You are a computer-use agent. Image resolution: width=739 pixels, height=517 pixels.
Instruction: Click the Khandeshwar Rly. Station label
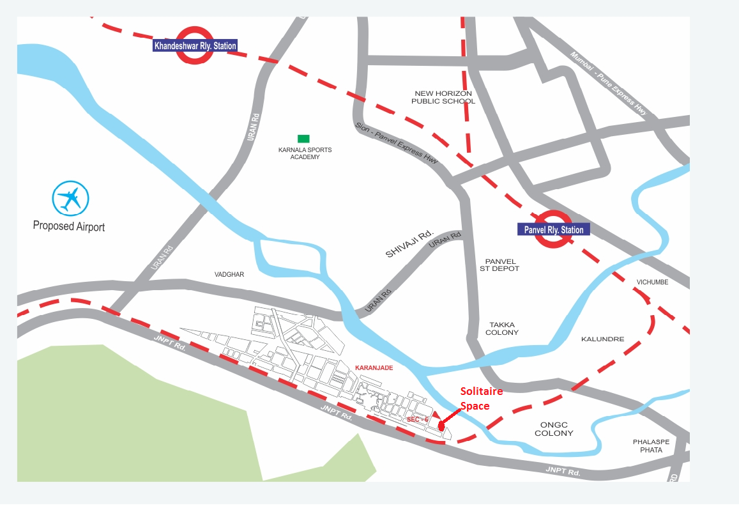[195, 46]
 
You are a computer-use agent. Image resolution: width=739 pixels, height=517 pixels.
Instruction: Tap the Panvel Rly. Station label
[551, 230]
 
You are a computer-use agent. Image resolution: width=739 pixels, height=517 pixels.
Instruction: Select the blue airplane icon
[70, 198]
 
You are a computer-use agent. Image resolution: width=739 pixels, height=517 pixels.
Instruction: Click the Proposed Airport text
[69, 226]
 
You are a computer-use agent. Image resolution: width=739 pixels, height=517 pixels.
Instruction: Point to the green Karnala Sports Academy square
[303, 139]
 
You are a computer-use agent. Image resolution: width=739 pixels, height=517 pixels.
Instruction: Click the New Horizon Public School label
[443, 97]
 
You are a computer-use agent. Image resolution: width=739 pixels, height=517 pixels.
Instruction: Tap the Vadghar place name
[229, 274]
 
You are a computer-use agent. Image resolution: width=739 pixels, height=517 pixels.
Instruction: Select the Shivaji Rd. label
[409, 244]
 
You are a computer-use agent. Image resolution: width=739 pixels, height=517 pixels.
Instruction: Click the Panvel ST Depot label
[499, 265]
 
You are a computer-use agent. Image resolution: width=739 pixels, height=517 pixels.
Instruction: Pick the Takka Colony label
[502, 328]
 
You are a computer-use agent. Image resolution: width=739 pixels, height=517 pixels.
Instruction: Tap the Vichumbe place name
[652, 282]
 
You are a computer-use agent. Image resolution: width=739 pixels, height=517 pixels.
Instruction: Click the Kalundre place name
[602, 339]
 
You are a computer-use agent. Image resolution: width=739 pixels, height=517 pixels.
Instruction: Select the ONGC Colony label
[554, 428]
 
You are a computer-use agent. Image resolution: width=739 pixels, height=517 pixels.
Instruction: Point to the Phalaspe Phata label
[647, 446]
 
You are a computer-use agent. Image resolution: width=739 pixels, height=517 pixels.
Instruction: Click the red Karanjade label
[374, 368]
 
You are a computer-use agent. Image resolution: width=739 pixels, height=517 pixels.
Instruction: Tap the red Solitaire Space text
[482, 399]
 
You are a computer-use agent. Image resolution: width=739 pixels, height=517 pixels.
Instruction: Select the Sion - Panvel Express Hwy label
[397, 144]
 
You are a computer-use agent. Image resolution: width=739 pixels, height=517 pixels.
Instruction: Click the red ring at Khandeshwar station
[195, 45]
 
